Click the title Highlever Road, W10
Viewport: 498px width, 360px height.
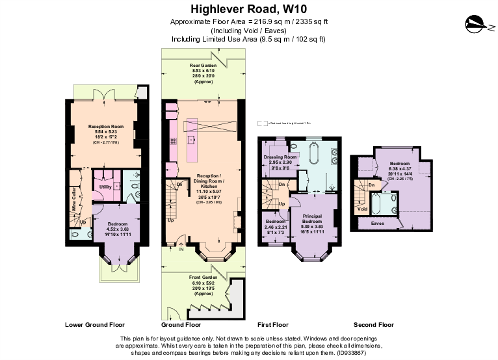click(x=248, y=9)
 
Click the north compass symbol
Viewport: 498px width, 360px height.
click(x=477, y=25)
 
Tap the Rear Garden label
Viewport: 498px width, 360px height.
click(x=203, y=66)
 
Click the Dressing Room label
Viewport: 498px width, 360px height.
click(x=280, y=157)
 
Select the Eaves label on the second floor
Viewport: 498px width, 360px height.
click(x=377, y=223)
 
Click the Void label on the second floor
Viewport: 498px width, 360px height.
click(x=363, y=209)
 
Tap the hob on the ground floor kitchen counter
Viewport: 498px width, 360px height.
click(x=173, y=140)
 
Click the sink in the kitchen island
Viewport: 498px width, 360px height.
click(x=192, y=140)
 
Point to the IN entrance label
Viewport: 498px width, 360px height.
click(x=181, y=249)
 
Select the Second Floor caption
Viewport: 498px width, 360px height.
click(x=373, y=324)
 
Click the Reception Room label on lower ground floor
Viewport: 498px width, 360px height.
click(x=106, y=127)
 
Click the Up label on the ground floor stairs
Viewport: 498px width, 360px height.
click(x=170, y=220)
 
